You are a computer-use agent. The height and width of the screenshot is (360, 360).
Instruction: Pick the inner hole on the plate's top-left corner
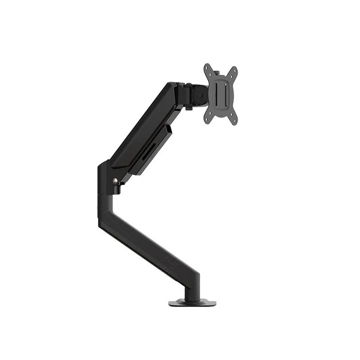coord(210,74)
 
